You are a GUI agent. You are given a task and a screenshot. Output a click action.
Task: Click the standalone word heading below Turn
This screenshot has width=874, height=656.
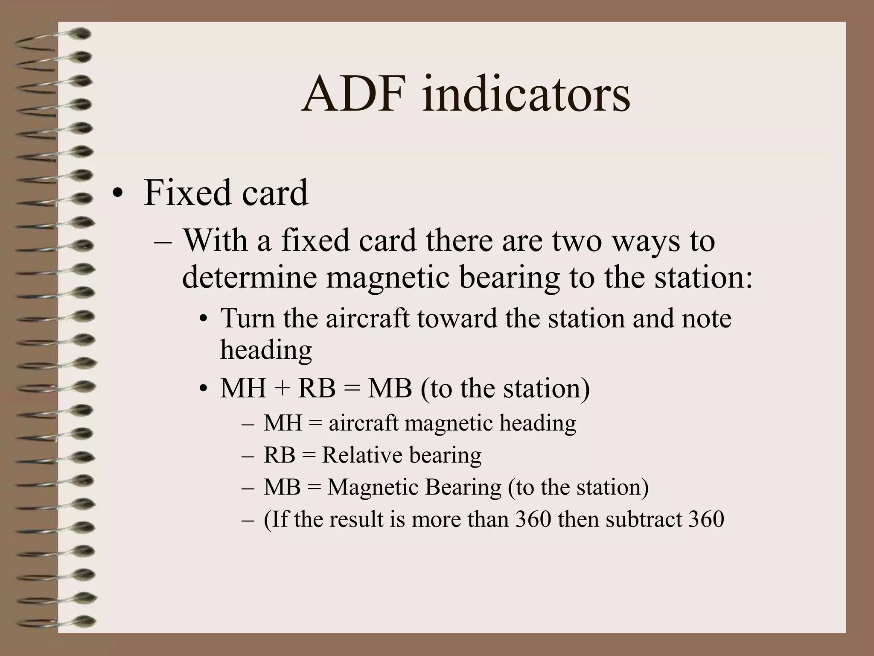266,350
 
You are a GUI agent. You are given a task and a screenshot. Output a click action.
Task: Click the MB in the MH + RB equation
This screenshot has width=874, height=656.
390,388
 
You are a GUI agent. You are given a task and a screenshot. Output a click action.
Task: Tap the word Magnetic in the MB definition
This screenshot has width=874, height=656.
372,487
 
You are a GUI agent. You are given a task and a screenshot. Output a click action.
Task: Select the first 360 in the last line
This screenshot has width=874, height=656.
533,519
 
